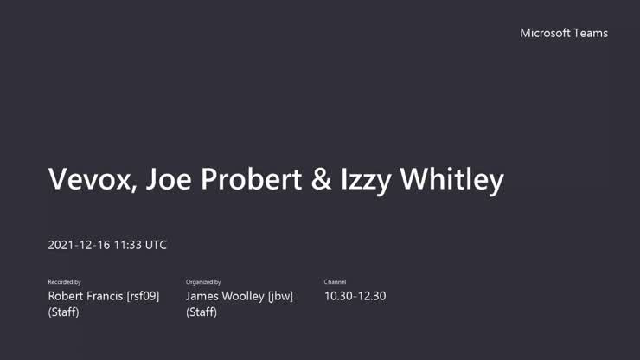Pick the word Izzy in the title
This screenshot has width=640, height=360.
click(x=368, y=180)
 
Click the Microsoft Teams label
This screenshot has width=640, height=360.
click(x=564, y=33)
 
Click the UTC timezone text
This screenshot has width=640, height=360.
click(x=157, y=245)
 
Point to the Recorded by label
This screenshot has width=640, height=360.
click(x=65, y=282)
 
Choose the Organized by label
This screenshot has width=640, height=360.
click(x=203, y=282)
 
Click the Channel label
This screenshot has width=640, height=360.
click(x=335, y=282)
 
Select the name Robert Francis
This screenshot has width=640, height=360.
click(x=86, y=296)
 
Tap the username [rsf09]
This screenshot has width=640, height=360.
click(x=144, y=296)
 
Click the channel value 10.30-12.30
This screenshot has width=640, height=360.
click(x=355, y=296)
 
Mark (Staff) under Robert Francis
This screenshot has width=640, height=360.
click(x=63, y=312)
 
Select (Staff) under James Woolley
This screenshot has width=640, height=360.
click(x=202, y=312)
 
